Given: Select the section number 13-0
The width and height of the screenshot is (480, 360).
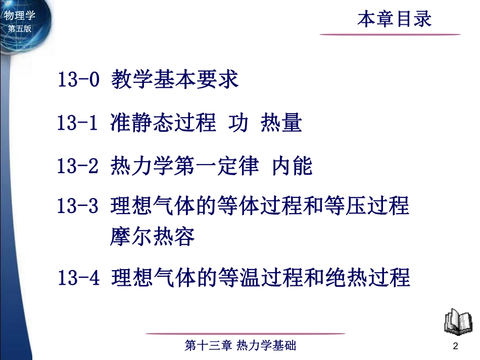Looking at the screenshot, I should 77,81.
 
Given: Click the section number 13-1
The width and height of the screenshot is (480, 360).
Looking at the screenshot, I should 77,123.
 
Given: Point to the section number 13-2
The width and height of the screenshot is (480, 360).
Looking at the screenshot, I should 77,166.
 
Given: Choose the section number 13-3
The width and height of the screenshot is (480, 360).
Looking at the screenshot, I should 77,207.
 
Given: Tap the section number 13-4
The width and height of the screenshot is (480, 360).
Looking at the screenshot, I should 77,277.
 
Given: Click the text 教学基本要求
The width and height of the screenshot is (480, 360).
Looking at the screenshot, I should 175,80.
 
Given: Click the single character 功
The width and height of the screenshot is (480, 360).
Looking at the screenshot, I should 238,123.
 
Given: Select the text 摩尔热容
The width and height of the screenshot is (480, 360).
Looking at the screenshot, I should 152,236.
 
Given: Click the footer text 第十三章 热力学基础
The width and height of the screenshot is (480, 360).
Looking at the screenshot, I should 241,346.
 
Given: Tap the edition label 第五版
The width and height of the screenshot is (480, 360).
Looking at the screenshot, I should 20,29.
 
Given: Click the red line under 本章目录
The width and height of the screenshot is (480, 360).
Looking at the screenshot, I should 390,34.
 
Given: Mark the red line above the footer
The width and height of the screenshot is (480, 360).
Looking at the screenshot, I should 246,334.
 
